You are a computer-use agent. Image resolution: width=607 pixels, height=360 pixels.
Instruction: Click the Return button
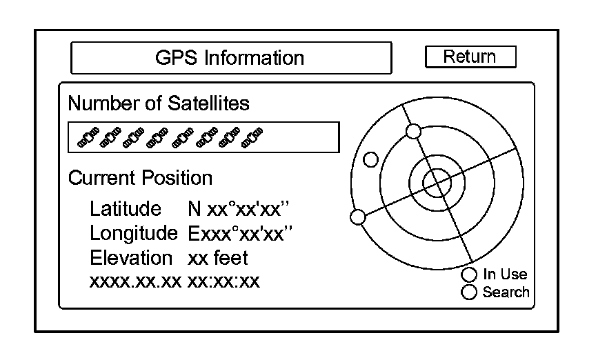pos(470,57)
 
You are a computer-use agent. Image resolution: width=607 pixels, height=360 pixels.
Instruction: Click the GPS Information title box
pos(230,57)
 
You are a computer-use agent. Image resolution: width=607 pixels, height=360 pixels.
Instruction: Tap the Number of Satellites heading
pos(159,103)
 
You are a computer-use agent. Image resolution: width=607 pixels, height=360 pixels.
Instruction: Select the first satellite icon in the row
pos(88,137)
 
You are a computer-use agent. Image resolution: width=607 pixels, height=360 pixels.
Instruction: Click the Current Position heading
pos(140,178)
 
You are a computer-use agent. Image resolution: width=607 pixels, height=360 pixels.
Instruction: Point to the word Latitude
pos(126,209)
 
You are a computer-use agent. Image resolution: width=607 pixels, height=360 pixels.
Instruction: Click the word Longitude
pos(134,233)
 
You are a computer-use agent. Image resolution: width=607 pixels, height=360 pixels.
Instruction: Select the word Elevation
pos(131,258)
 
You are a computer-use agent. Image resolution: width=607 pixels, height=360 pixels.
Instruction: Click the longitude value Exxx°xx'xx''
pos(241,233)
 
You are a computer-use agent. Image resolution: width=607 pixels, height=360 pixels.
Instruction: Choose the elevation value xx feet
pos(217,258)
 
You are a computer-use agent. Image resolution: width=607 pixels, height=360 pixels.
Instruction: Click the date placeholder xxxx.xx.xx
pos(136,281)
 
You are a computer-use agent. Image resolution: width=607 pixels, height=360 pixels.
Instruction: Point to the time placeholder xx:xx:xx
pos(223,281)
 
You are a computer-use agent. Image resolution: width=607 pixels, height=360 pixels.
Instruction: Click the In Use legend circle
pos(470,274)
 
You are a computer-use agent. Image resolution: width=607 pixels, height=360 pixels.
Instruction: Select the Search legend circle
pos(470,292)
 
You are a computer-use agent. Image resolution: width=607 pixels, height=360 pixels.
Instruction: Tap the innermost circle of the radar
pos(435,183)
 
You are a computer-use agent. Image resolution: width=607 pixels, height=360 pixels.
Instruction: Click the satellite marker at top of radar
pos(413,131)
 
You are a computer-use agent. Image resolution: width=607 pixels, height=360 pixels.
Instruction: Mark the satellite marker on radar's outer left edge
pos(358,217)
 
